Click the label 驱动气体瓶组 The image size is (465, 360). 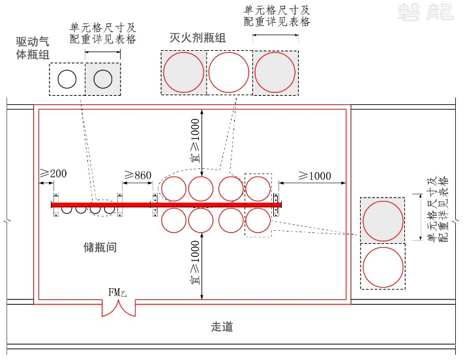[x=32, y=48]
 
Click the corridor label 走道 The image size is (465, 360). [x=222, y=327]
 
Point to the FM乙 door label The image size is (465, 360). [x=117, y=292]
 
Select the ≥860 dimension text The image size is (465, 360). [x=138, y=175]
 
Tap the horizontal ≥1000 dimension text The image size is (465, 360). [x=314, y=175]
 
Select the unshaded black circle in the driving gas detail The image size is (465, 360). [x=67, y=79]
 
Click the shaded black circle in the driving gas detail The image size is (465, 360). [x=102, y=79]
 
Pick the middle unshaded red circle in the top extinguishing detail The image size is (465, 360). [x=228, y=72]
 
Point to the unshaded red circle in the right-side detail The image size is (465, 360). [x=382, y=266]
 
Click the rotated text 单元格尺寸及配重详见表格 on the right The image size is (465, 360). [x=438, y=210]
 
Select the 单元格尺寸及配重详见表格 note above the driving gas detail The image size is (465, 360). [x=103, y=33]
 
